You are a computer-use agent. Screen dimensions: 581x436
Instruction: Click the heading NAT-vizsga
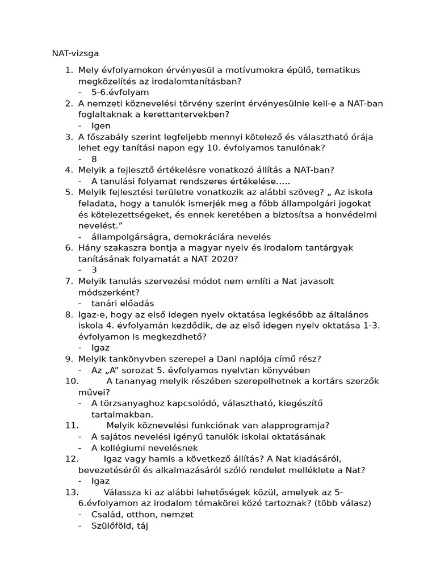tap(76, 53)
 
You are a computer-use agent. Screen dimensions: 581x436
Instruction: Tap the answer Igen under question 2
tap(100, 125)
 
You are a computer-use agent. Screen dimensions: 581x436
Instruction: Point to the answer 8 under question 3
tap(94, 159)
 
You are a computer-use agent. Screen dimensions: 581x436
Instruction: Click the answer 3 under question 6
tap(94, 270)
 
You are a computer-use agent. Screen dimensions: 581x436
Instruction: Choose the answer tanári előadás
tap(122, 303)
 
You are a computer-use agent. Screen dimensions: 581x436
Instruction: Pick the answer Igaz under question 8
tap(100, 347)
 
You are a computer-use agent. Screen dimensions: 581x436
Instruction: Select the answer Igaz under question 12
tap(100, 481)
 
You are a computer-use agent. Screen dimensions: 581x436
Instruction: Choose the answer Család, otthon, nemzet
tap(142, 514)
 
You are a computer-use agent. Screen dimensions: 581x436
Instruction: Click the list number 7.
tap(68, 281)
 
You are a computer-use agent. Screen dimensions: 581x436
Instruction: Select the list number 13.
tap(71, 492)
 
